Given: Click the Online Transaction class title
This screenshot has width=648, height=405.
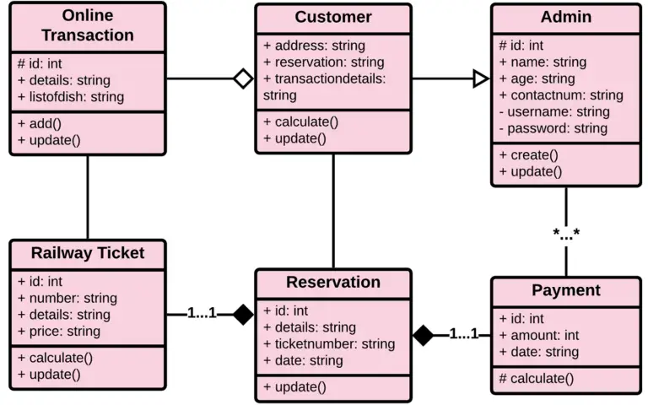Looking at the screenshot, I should coord(87,26).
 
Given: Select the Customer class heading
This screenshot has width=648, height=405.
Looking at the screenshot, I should coord(333,18).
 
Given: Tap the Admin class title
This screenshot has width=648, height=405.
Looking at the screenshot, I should coord(566,18).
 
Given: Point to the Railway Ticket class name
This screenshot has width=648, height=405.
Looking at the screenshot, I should coord(88,253).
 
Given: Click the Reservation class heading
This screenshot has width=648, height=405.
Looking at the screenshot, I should coord(333,283).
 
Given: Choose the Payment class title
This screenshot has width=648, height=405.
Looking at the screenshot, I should coord(566,290).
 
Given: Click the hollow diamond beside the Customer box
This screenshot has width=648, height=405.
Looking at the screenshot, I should coord(243,79).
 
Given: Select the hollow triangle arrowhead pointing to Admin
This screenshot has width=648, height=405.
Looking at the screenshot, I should coord(480,79).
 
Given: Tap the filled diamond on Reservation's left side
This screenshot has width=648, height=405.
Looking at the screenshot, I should coord(243,315).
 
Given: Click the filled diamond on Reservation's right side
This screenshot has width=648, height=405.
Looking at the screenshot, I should coord(423,335).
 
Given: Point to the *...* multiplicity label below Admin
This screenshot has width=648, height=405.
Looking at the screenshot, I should coord(566,234).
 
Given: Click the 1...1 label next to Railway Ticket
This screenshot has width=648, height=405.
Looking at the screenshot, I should coord(202,314).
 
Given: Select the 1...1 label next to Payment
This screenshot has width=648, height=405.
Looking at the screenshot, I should coord(463,334).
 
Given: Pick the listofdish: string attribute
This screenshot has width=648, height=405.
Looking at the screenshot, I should coord(71,96).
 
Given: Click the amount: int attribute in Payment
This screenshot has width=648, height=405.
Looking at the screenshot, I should coord(537,335).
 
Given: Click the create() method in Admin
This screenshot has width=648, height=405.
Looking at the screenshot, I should coord(528,155).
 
